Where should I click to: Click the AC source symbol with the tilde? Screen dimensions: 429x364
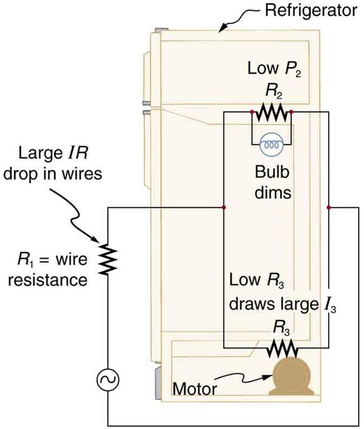pyautogui.click(x=107, y=379)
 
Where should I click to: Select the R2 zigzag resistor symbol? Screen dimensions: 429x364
pyautogui.click(x=271, y=112)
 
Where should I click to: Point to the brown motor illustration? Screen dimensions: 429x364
pyautogui.click(x=290, y=377)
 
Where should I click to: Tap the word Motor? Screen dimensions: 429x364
pyautogui.click(x=195, y=390)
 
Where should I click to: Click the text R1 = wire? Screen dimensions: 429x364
pyautogui.click(x=50, y=261)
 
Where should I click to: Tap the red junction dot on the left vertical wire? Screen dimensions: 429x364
pyautogui.click(x=224, y=207)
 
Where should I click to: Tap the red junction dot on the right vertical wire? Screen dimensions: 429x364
pyautogui.click(x=329, y=207)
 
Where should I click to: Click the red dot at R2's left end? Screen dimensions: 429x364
pyautogui.click(x=252, y=112)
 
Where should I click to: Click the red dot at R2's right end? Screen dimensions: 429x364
pyautogui.click(x=291, y=112)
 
